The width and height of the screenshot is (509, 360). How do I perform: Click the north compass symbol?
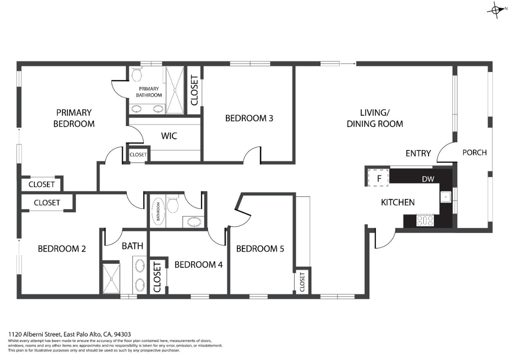coord(497,10)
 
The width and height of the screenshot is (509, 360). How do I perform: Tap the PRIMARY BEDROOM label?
coord(74,118)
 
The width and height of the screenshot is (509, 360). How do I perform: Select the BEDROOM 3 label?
coord(249,118)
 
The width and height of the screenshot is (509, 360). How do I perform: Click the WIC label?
coord(169,136)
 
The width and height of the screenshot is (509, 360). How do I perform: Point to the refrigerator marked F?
coord(379,178)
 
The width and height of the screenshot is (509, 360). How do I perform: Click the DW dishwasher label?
coord(428,179)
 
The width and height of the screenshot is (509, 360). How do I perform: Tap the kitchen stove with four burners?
coord(425,220)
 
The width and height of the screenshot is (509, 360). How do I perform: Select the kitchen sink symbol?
coord(446,197)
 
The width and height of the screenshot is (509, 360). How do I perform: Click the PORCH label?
coord(474,153)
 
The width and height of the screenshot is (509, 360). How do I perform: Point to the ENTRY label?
coord(418,153)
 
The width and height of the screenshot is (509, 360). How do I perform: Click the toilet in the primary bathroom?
coord(136,75)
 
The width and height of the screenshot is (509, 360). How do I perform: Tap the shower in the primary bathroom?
coord(175,91)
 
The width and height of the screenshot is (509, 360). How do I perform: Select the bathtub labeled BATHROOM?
coord(158,211)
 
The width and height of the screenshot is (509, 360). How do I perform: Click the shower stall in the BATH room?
coord(111,278)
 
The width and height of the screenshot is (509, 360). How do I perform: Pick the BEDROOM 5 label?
coord(260,249)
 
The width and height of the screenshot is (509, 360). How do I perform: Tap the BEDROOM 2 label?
coord(62,249)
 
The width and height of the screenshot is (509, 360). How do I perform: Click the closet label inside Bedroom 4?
coord(157,277)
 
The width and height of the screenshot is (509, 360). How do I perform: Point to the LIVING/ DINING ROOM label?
coord(375,118)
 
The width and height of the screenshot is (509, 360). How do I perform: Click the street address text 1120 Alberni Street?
coord(35,334)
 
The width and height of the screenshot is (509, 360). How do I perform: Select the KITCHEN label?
coord(398,202)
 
